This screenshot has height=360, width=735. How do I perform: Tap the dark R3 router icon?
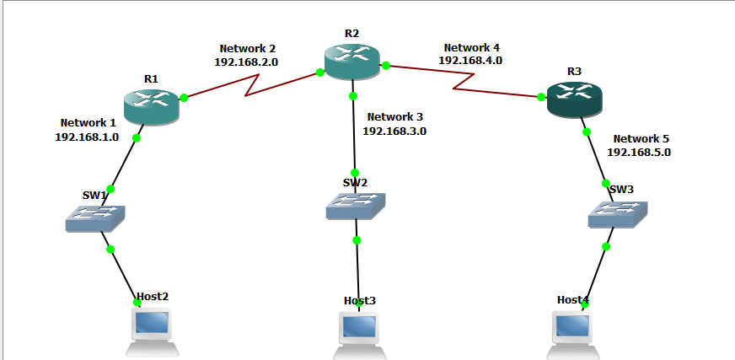(x=574, y=99)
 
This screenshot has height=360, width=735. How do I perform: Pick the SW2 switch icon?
(x=356, y=206)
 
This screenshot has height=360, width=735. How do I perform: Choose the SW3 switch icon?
(x=618, y=214)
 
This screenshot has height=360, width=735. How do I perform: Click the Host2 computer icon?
(x=153, y=329)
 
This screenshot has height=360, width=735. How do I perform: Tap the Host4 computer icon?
(x=572, y=331)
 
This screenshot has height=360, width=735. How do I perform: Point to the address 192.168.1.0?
(x=87, y=137)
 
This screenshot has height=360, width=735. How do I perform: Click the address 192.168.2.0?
(x=247, y=62)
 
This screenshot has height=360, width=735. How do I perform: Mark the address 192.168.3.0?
(x=394, y=131)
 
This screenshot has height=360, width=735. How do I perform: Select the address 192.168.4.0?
(x=470, y=61)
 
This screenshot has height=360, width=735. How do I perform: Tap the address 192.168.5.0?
(x=639, y=153)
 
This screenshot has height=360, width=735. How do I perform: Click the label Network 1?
(x=89, y=123)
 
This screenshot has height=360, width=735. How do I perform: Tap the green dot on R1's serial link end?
(x=184, y=98)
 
